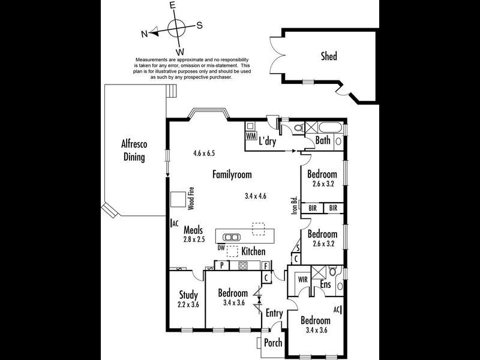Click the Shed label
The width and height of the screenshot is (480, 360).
(328, 57)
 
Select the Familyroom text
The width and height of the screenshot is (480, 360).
(232, 175)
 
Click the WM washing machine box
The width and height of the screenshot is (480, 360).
(251, 136)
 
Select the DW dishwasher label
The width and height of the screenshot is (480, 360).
(221, 247)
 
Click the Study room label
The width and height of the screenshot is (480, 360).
(189, 295)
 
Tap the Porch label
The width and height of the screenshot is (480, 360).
(273, 343)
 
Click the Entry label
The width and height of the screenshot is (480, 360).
(274, 313)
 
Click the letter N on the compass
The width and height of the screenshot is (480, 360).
(144, 34)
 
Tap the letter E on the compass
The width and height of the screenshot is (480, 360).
(172, 5)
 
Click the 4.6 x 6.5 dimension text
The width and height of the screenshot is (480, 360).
(204, 154)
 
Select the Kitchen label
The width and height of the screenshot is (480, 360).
(253, 251)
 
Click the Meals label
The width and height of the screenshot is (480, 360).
(193, 230)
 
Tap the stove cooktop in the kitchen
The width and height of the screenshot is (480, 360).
(244, 266)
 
